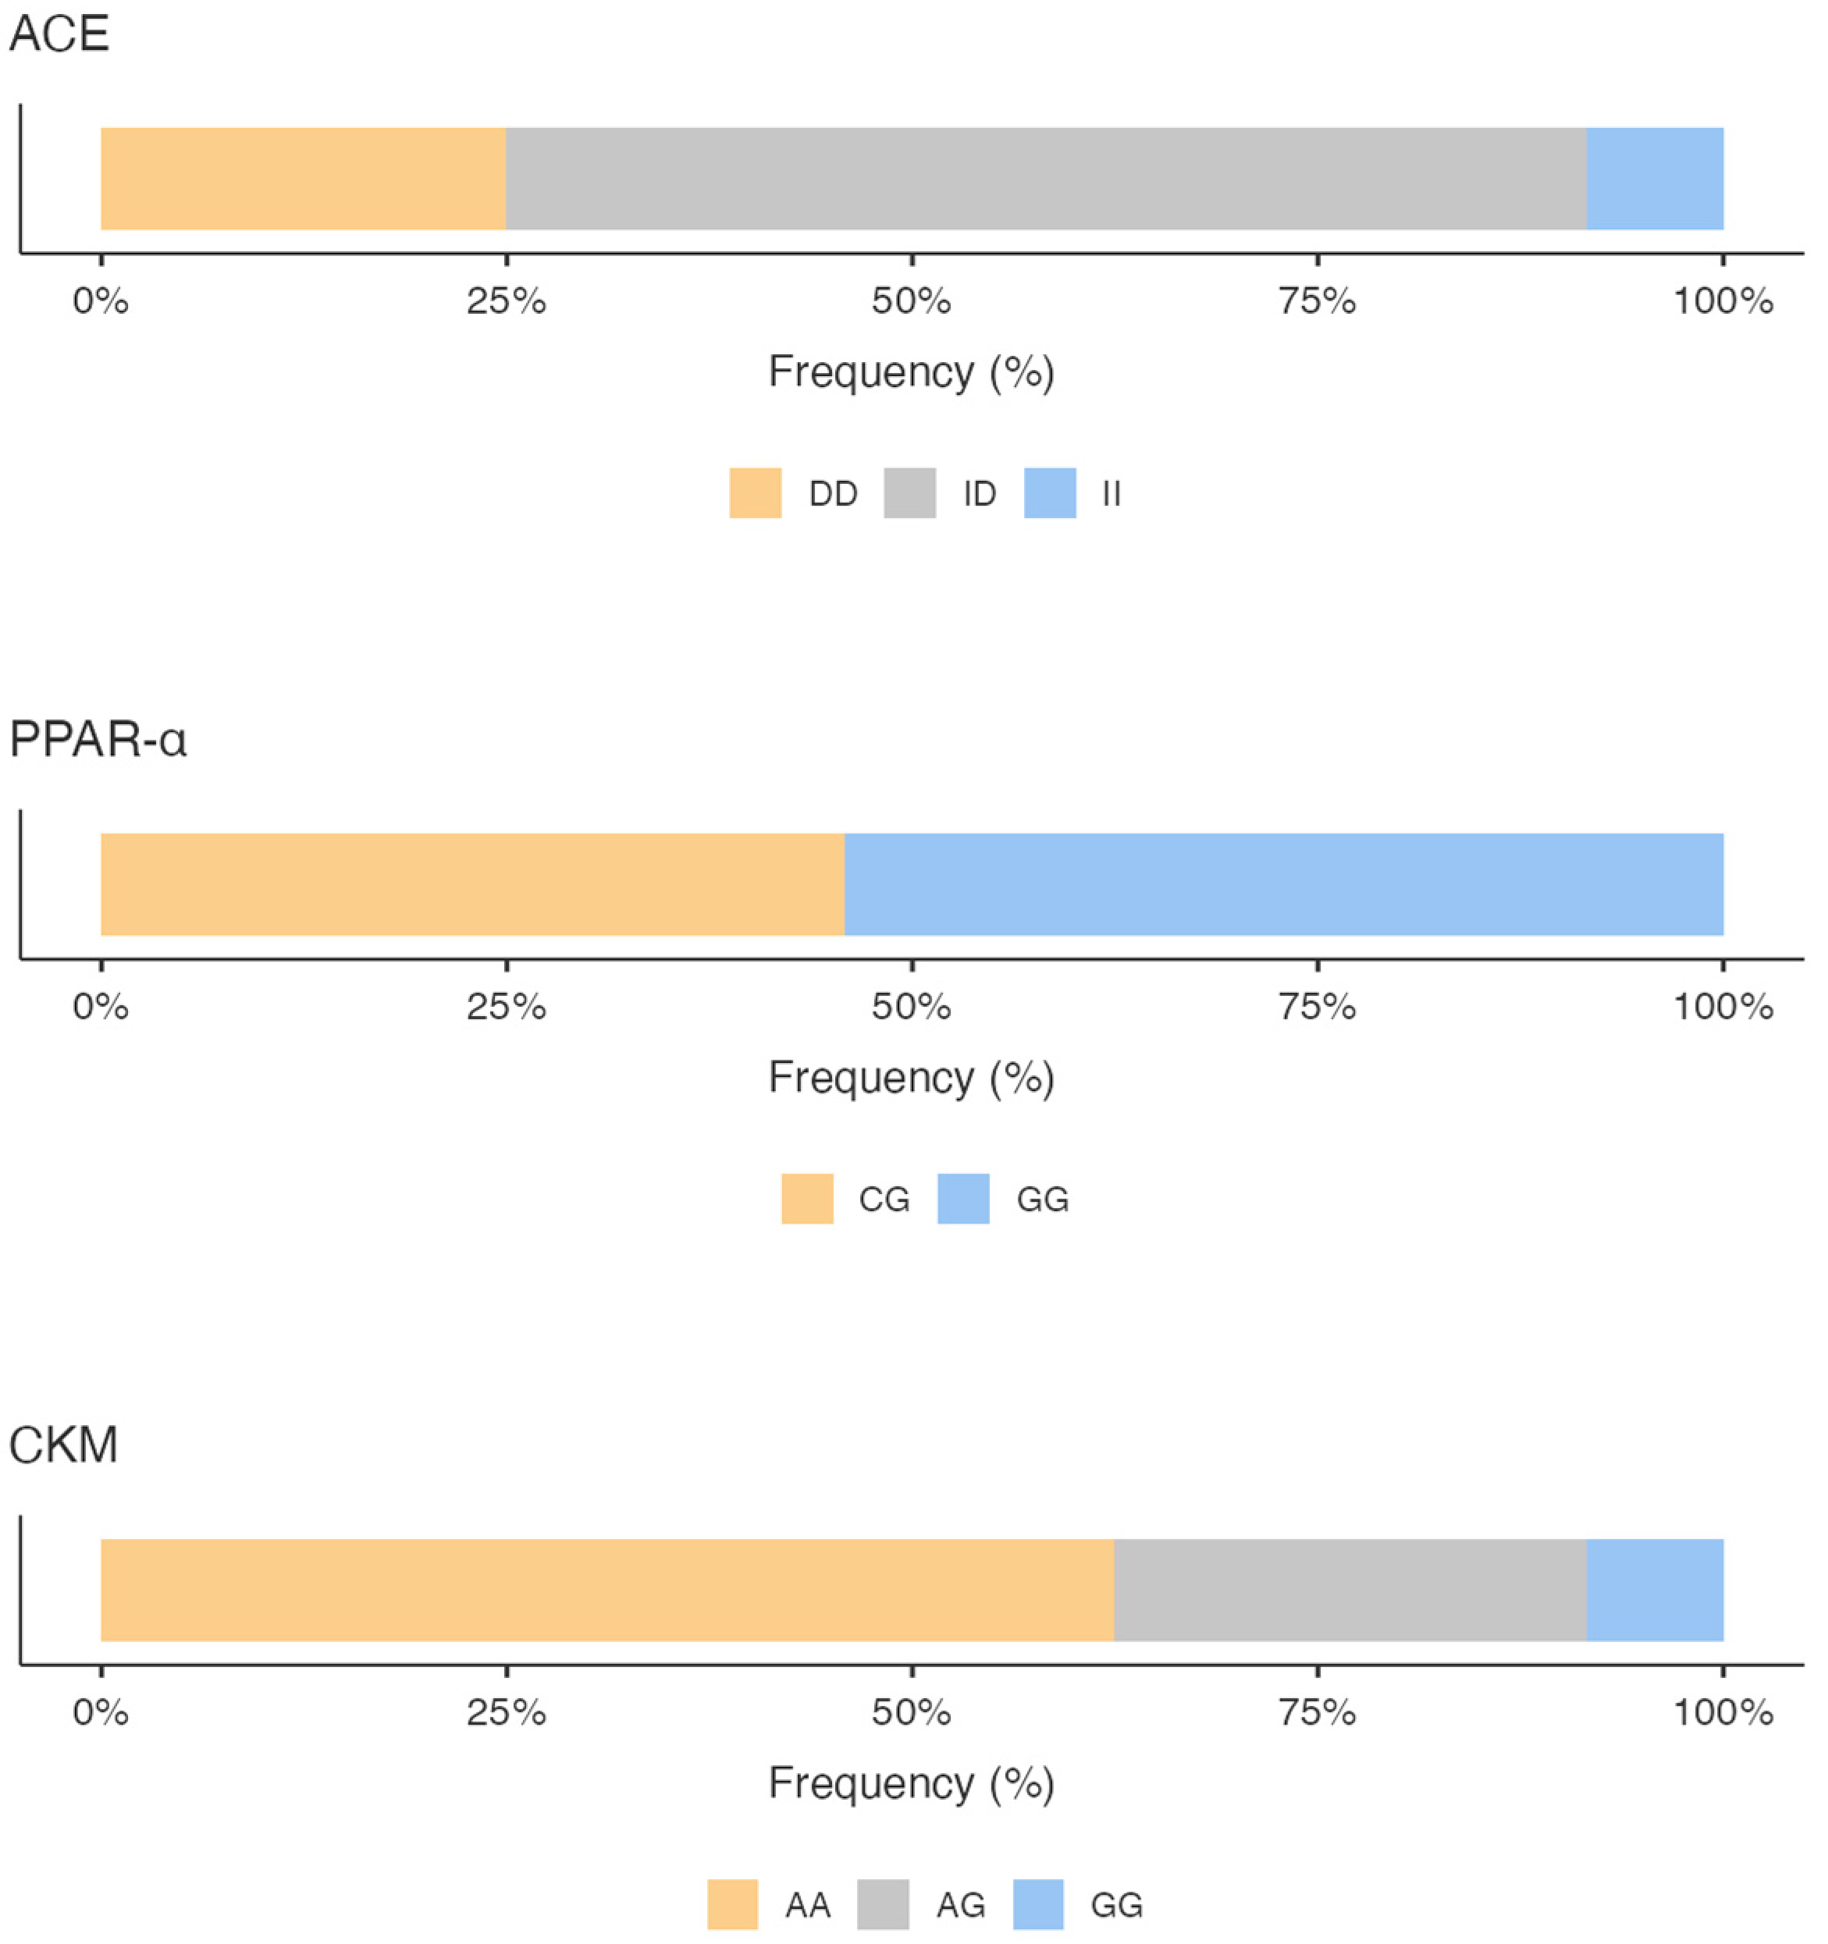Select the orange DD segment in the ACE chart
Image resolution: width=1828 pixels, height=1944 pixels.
pyautogui.click(x=303, y=179)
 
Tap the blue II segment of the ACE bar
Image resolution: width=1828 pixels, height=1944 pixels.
pyautogui.click(x=1654, y=179)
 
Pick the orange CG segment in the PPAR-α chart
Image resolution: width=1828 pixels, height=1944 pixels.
pyautogui.click(x=472, y=884)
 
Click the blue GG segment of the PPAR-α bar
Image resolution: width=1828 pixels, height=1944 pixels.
pyautogui.click(x=1283, y=884)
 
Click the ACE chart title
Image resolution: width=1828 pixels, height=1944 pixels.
pyautogui.click(x=59, y=34)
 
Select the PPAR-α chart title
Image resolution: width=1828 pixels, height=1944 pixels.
pyautogui.click(x=97, y=739)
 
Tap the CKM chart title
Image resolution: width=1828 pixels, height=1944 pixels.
pyautogui.click(x=63, y=1445)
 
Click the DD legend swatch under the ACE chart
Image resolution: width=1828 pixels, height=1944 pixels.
pyautogui.click(x=755, y=493)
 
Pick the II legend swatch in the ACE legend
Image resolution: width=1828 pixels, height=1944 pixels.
pyautogui.click(x=1050, y=493)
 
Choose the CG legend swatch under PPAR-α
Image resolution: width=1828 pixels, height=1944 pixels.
pyautogui.click(x=807, y=1199)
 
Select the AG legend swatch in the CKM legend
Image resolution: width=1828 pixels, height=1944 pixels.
pyautogui.click(x=882, y=1904)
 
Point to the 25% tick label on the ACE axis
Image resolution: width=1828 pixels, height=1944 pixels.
pyautogui.click(x=506, y=301)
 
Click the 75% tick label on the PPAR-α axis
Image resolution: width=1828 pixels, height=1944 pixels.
pyautogui.click(x=1318, y=1008)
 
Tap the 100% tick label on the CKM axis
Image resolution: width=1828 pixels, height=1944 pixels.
pyautogui.click(x=1723, y=1712)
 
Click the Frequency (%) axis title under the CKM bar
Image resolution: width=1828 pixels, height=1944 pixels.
pyautogui.click(x=912, y=1782)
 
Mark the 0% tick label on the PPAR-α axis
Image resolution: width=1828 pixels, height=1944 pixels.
pyautogui.click(x=101, y=1008)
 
